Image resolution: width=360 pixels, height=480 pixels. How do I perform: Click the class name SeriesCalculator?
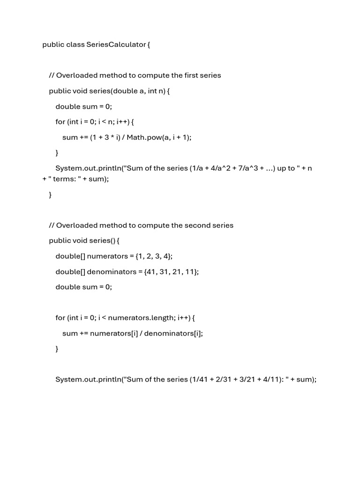pyautogui.click(x=116, y=45)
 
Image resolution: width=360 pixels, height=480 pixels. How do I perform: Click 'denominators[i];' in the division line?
pyautogui.click(x=173, y=333)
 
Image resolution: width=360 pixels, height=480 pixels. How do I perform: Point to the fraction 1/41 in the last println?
pyautogui.click(x=198, y=379)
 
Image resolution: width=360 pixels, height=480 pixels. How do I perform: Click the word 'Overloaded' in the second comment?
pyautogui.click(x=75, y=225)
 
